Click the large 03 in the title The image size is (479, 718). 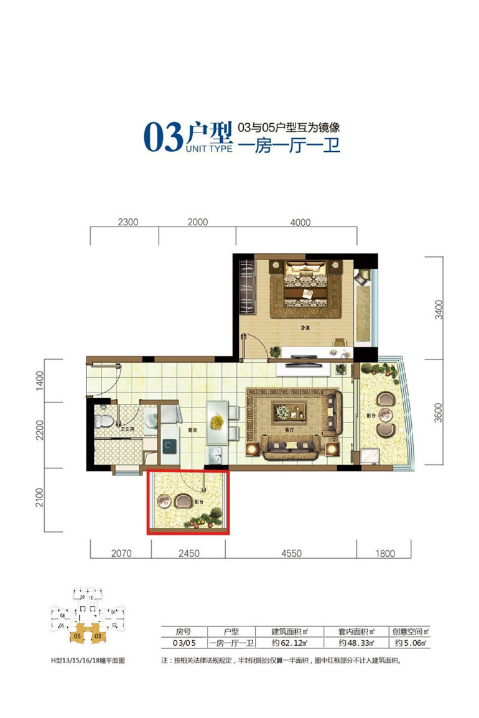click(162, 136)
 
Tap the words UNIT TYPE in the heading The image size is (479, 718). click(208, 149)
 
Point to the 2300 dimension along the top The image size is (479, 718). click(127, 222)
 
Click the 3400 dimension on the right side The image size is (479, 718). click(439, 309)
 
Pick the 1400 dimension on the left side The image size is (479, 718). click(39, 380)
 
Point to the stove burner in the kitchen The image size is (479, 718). click(168, 445)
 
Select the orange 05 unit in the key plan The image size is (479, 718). click(77, 636)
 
